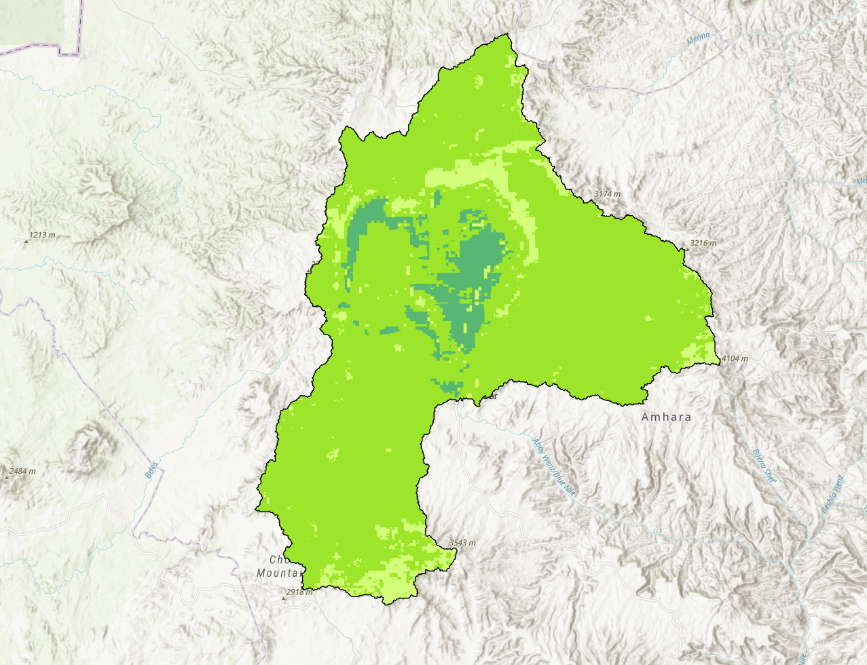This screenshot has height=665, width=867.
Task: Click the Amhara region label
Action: (666, 417)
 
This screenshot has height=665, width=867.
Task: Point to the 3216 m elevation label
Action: (703, 243)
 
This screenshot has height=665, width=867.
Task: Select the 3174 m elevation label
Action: (607, 194)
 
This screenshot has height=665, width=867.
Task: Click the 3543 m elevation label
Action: (462, 543)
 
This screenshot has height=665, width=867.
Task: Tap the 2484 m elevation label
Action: (22, 471)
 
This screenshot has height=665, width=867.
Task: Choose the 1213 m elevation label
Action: (41, 235)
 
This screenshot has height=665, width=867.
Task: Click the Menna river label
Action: (698, 38)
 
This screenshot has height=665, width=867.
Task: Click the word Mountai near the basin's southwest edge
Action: (278, 573)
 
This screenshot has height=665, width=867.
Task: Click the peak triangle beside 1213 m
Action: (26, 240)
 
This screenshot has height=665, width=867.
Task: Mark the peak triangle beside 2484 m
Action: (7, 476)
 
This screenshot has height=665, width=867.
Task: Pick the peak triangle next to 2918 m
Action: (284, 598)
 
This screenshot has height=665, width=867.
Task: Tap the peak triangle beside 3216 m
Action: (686, 248)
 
